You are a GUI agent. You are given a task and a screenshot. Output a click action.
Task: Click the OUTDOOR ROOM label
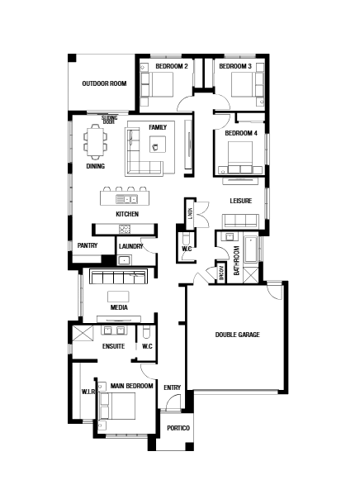(x=104, y=83)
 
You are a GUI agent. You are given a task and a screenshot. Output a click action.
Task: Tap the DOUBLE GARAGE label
(x=237, y=335)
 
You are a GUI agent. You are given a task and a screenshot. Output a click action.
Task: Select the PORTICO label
(x=178, y=428)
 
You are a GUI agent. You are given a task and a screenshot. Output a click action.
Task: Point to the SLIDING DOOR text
(x=109, y=120)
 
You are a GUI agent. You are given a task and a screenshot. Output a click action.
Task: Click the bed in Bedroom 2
(x=157, y=84)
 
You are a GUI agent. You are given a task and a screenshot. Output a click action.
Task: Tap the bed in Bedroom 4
(x=240, y=158)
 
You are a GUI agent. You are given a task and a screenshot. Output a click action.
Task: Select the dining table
(x=96, y=141)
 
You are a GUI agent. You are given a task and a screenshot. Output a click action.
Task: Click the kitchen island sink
(x=126, y=199)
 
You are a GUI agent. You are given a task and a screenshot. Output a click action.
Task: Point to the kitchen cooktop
(x=125, y=229)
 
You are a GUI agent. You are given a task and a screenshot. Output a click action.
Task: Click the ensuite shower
(x=83, y=333)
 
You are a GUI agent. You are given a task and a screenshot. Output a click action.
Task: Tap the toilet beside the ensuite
(x=146, y=332)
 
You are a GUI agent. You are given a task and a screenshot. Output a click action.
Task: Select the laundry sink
(x=123, y=260)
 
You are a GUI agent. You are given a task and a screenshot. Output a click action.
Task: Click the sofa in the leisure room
(x=240, y=221)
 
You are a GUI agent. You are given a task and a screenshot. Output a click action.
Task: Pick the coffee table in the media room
(x=118, y=297)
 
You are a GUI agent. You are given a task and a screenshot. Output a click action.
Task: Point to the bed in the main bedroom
(x=117, y=406)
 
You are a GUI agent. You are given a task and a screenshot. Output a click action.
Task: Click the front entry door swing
(x=173, y=402)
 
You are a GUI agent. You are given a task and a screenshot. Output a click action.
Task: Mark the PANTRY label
(x=88, y=245)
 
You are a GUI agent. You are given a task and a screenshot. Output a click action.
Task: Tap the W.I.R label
(x=88, y=392)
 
